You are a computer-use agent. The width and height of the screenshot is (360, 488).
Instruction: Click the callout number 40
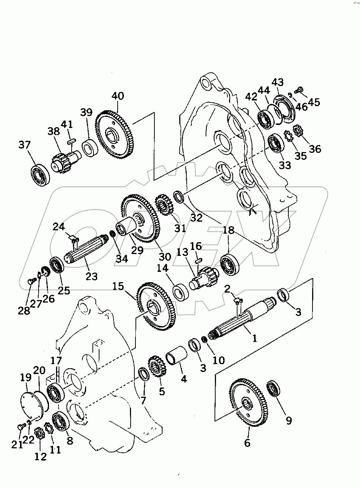[x=118, y=96]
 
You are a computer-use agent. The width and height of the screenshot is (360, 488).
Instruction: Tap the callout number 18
[x=229, y=230]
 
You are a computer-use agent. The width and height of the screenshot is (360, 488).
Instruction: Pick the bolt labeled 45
[x=299, y=89]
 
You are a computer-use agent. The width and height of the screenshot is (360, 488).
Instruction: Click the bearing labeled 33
[x=275, y=142]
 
